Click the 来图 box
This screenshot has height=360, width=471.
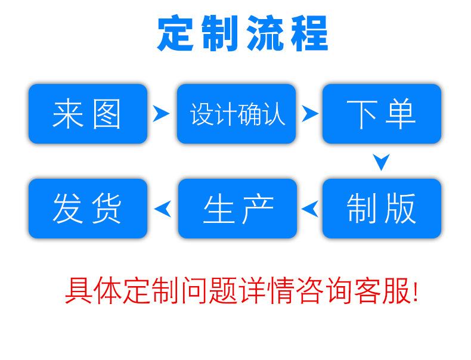88,114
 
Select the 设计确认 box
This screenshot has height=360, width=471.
236,114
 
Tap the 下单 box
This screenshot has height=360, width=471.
382,114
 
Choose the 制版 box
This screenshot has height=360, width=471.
382,209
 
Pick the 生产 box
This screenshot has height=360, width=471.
237,209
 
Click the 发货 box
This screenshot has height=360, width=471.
88,209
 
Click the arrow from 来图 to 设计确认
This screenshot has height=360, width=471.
160,113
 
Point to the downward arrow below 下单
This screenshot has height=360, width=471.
382,162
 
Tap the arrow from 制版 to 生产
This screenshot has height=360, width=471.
310,208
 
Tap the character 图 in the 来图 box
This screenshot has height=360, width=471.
107,114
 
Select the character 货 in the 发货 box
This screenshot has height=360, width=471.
107,209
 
